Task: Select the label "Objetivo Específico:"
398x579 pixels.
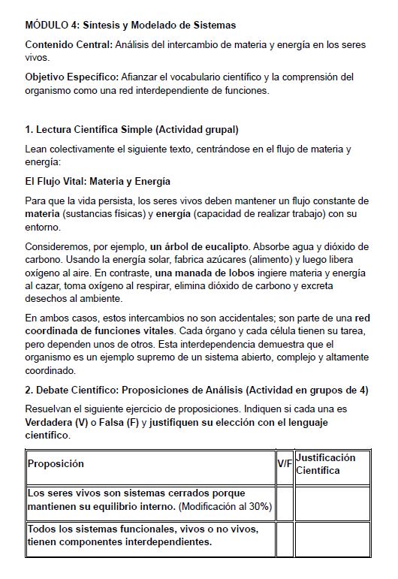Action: coord(72,77)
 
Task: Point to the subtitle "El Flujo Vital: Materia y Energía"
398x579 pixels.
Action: coord(98,181)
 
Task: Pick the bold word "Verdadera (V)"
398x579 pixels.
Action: coord(54,422)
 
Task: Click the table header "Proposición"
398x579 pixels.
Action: coord(56,463)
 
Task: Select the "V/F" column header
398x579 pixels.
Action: coord(285,463)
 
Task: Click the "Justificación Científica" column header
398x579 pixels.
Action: coord(326,463)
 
